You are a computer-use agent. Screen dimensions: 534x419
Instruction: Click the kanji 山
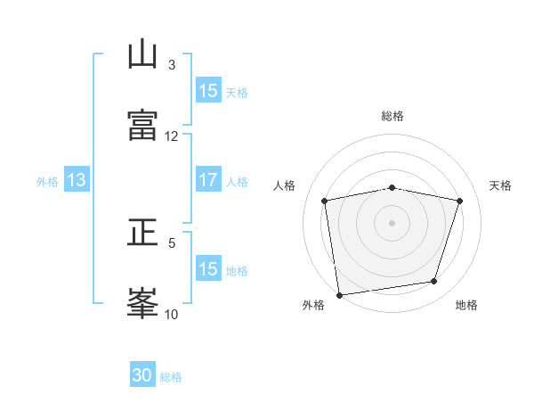(x=142, y=53)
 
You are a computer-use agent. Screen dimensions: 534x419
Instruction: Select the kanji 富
(x=142, y=125)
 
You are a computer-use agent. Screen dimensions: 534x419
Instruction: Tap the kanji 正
(x=142, y=232)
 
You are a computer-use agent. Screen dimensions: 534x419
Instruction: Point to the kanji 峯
(x=142, y=303)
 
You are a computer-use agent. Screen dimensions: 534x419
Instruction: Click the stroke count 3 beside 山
(x=172, y=65)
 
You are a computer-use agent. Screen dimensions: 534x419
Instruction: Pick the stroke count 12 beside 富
(x=171, y=136)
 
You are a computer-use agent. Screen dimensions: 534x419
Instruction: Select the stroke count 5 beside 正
(x=172, y=243)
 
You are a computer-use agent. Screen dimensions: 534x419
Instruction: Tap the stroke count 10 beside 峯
(x=171, y=314)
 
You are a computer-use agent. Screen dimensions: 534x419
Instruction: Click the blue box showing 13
(x=77, y=179)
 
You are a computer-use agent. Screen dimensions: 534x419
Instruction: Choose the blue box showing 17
(x=208, y=179)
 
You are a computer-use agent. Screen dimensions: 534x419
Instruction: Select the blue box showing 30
(x=142, y=374)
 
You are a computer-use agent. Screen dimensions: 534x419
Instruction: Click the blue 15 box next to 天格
(x=208, y=90)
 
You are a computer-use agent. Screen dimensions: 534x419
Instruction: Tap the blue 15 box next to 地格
(x=208, y=267)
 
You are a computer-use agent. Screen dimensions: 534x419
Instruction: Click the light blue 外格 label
(x=47, y=182)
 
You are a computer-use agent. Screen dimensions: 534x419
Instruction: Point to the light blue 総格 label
(x=171, y=377)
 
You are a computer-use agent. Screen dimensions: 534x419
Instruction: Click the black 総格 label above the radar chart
(x=392, y=116)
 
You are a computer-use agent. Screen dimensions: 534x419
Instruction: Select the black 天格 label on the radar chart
(x=500, y=185)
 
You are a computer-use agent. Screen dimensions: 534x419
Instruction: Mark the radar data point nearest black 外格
(x=339, y=295)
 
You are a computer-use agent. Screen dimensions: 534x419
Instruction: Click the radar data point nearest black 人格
(x=324, y=201)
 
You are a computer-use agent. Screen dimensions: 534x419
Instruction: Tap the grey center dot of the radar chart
(x=392, y=223)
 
